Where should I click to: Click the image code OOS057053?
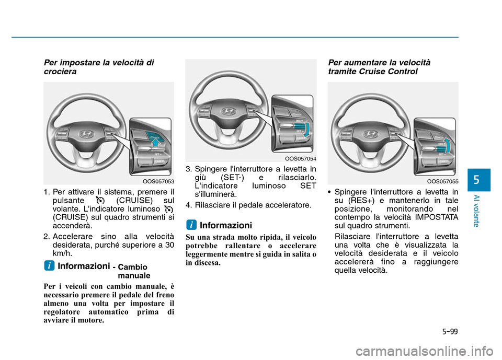point(159,182)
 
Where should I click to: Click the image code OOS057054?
point(301,158)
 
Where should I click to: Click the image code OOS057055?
point(444,182)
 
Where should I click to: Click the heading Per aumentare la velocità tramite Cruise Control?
point(379,67)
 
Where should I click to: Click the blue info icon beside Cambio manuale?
point(48,266)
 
